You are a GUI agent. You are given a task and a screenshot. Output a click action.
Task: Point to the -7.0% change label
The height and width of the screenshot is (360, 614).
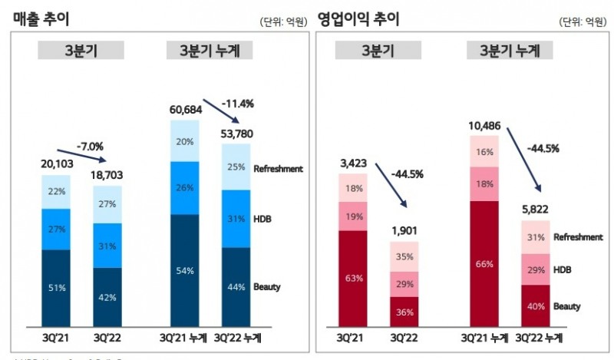point(91,146)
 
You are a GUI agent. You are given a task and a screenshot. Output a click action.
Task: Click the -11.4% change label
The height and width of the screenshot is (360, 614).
point(239,103)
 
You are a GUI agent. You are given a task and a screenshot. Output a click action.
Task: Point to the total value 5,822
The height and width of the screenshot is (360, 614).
point(537,210)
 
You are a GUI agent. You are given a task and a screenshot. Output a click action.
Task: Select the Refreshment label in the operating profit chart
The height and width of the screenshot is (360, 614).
point(577,237)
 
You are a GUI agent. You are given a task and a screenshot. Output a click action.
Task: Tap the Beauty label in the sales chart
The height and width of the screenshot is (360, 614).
point(267,287)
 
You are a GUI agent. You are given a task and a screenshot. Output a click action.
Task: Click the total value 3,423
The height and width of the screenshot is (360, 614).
point(355,163)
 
